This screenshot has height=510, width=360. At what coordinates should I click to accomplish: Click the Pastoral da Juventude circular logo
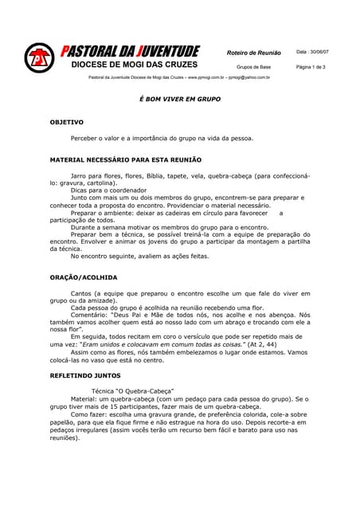click(x=38, y=58)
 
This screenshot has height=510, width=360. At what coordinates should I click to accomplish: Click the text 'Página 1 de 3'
click(x=311, y=67)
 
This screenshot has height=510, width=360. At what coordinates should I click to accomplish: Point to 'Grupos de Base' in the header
click(x=254, y=67)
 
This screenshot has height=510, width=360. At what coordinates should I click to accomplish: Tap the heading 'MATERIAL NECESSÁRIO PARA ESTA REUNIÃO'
click(x=126, y=159)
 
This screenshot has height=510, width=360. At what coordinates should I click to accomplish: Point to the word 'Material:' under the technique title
click(x=84, y=399)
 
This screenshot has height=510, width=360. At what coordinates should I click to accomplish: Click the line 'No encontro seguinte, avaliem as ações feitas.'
click(x=139, y=257)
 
